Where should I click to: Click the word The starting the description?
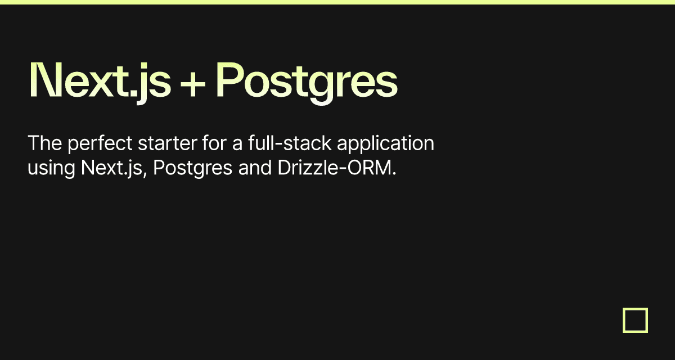(x=44, y=143)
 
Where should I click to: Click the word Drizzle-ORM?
(x=334, y=168)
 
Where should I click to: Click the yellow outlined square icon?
(x=635, y=320)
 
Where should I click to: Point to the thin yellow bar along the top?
(x=337, y=2)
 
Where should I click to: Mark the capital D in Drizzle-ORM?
(x=283, y=168)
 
